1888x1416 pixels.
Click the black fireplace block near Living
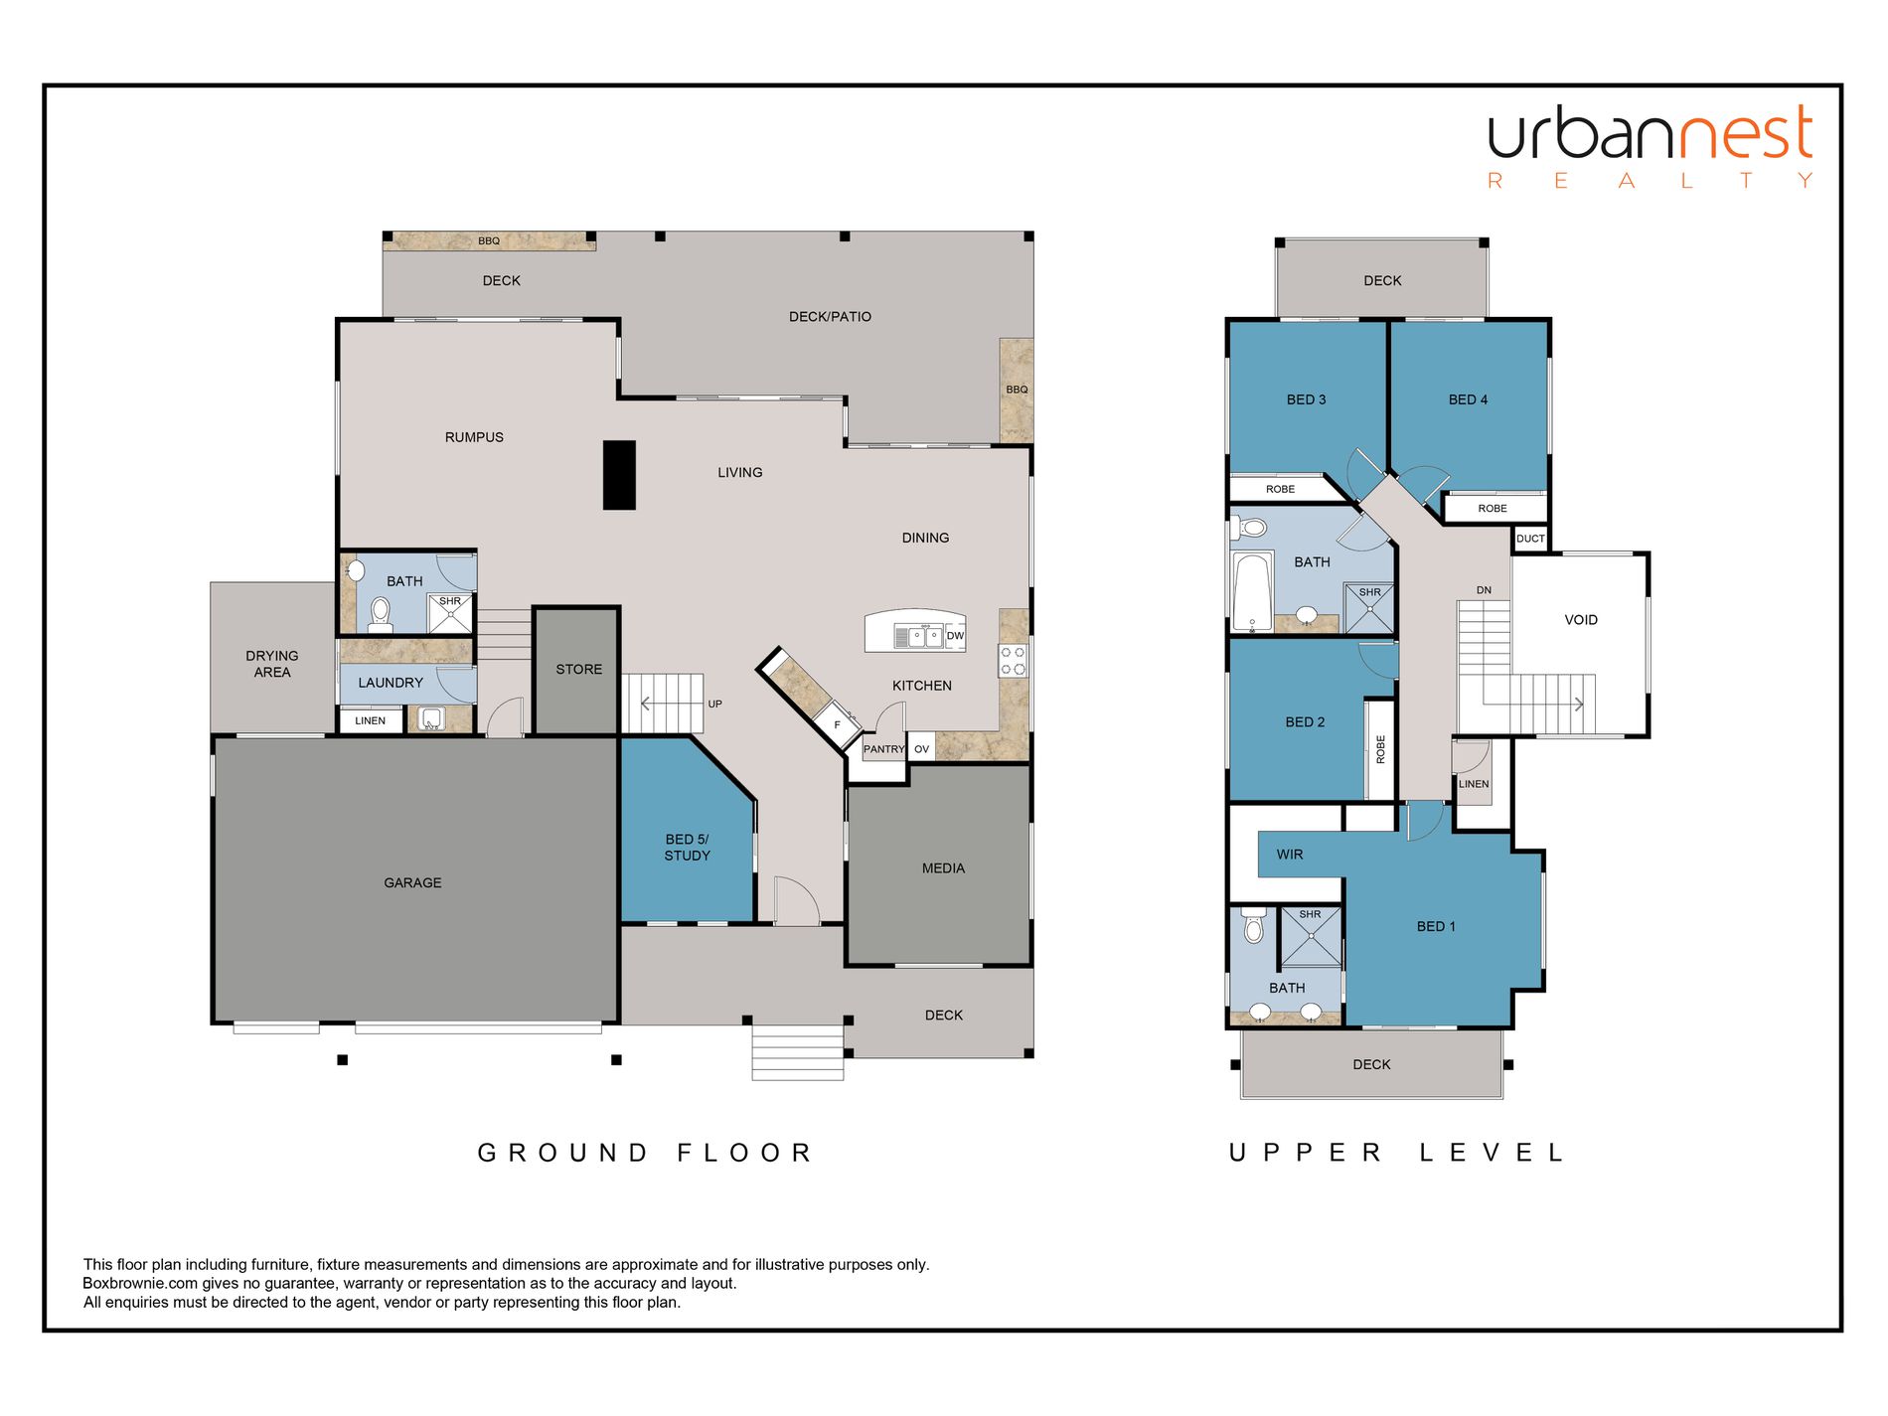click(x=619, y=475)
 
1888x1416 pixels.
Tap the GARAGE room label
click(x=412, y=882)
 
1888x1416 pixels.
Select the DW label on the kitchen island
click(x=955, y=636)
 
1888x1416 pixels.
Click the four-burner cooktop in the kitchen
click(x=1013, y=661)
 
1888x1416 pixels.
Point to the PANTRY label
click(x=883, y=749)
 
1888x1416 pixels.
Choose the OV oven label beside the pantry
click(x=921, y=749)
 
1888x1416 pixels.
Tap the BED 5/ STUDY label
click(x=687, y=848)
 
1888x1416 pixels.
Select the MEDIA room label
click(x=943, y=868)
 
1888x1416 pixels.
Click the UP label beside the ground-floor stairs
click(x=714, y=704)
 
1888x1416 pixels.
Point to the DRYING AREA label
click(x=272, y=664)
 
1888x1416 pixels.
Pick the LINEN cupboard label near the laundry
click(x=370, y=720)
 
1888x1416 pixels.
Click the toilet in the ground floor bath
click(x=380, y=615)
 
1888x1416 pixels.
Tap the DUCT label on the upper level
click(x=1530, y=539)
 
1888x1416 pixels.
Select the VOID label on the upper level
click(x=1581, y=620)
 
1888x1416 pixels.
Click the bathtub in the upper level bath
click(x=1252, y=592)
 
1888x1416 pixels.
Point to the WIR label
click(x=1290, y=855)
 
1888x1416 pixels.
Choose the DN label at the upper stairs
click(x=1484, y=590)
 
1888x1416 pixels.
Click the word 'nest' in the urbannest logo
click(x=1744, y=135)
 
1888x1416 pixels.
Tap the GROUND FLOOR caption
click(x=645, y=1153)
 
